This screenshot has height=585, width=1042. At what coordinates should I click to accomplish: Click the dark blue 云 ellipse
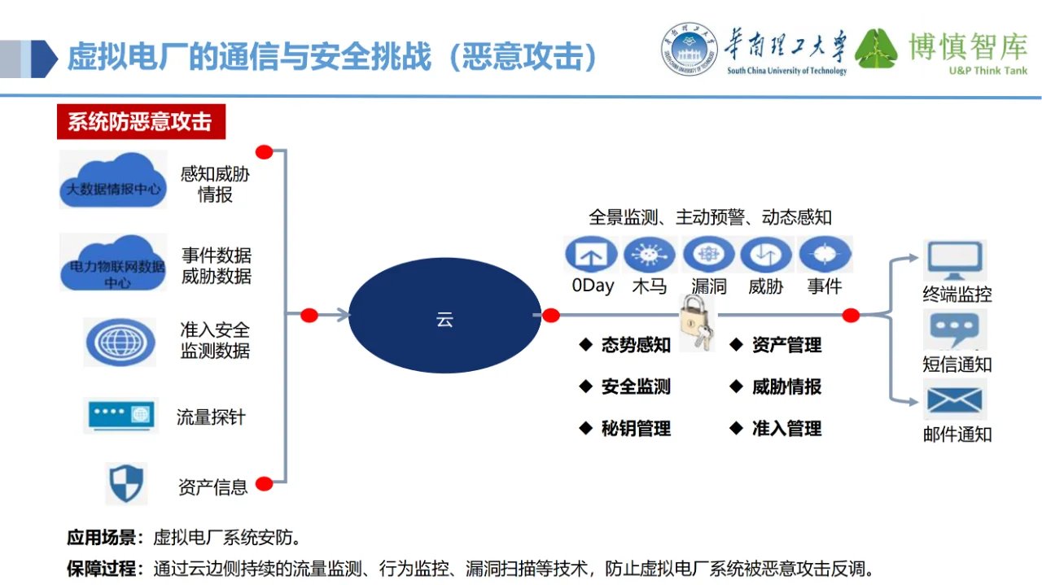[x=444, y=320]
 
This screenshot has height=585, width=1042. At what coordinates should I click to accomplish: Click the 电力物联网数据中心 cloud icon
[x=113, y=262]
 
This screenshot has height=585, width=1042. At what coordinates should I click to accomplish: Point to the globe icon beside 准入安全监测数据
[x=120, y=342]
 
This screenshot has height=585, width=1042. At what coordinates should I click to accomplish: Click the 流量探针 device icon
[x=120, y=416]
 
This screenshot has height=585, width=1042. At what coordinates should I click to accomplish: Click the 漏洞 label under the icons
[x=708, y=286]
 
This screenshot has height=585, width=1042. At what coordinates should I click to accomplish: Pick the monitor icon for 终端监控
[x=955, y=261]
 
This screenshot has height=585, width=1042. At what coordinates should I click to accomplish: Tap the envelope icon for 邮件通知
[x=955, y=401]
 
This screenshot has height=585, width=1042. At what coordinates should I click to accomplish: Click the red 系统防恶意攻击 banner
[x=140, y=122]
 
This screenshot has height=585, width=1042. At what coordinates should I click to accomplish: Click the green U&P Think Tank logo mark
[x=876, y=49]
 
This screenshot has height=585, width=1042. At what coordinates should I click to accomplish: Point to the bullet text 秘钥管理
[x=636, y=429]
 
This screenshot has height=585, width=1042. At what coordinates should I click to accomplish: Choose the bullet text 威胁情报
[x=786, y=387]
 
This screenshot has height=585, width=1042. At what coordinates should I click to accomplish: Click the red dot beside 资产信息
[x=264, y=484]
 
